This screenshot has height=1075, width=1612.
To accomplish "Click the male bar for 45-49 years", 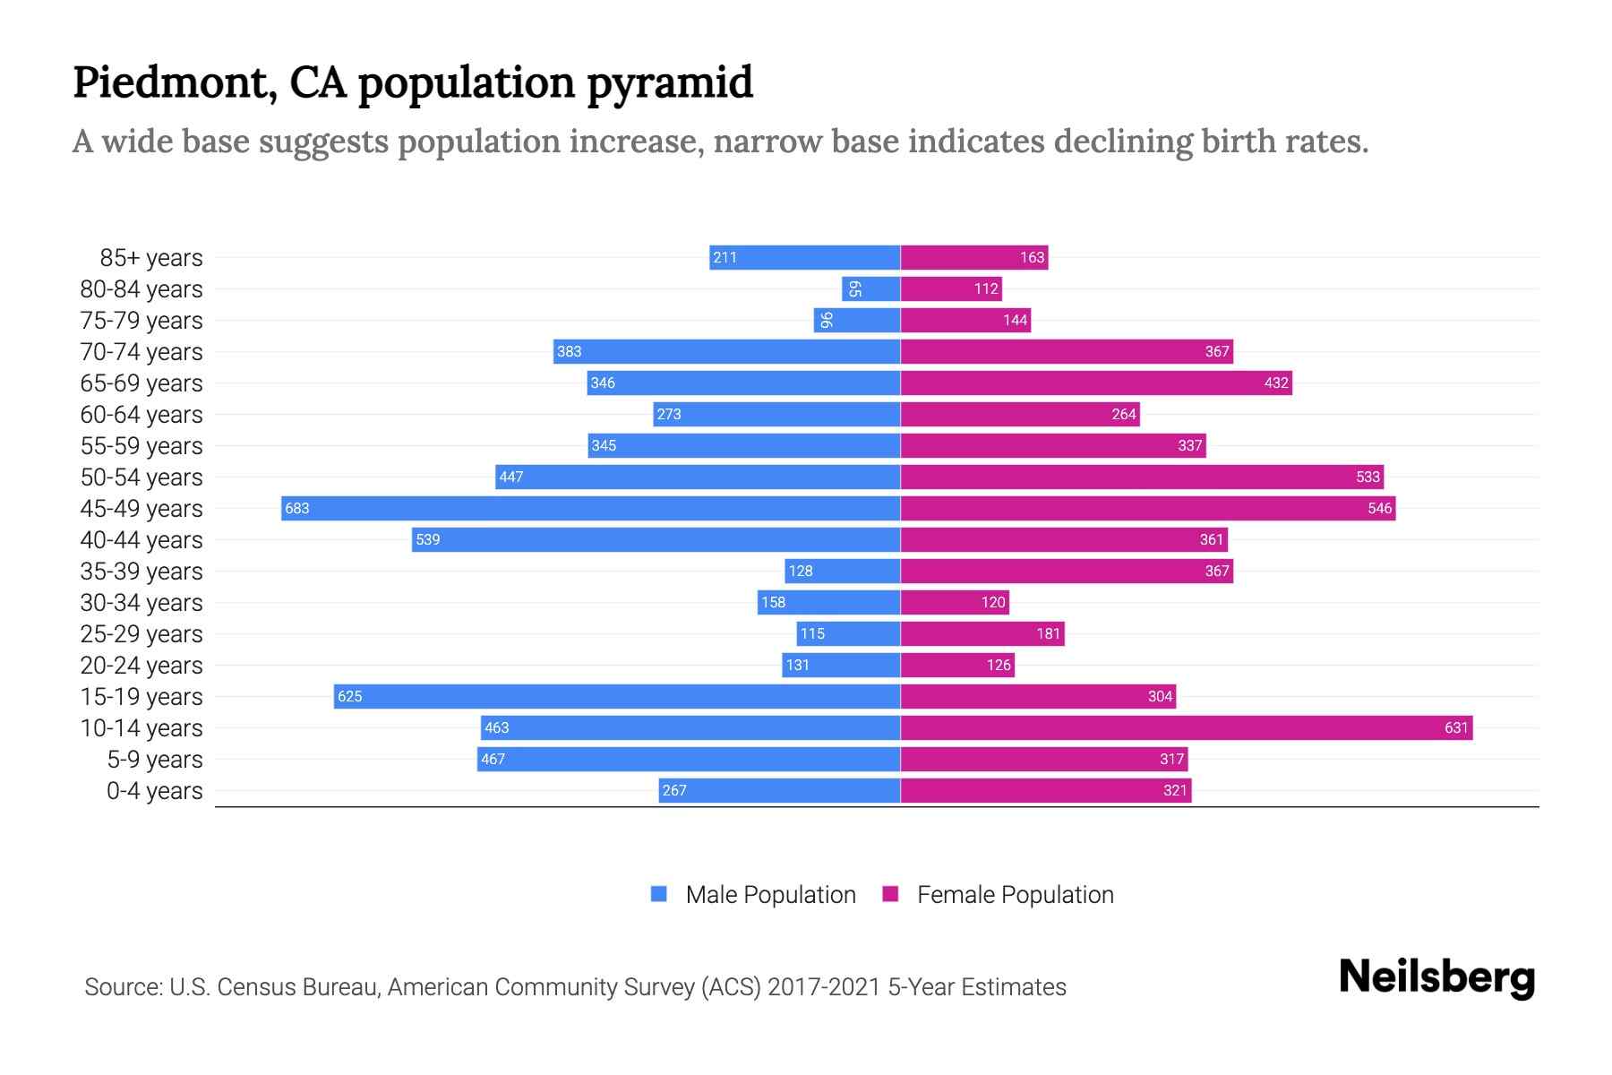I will pos(591,508).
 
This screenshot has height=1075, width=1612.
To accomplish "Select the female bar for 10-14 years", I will pos(1187,727).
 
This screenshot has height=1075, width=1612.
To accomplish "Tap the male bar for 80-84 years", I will pos(871,288).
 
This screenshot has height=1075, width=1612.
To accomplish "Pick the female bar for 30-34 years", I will pos(955,602).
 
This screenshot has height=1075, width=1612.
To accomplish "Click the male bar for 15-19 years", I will pos(618,696).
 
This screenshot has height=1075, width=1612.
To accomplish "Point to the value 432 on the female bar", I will pos(1276,383).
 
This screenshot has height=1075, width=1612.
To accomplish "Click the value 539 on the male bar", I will pos(428,539).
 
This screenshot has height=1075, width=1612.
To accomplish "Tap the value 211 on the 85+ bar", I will pos(725,257).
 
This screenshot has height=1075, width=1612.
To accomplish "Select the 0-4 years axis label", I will pos(154,791).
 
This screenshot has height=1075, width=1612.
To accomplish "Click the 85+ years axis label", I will pos(150,258).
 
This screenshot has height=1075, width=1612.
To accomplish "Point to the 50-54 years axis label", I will pos(141,477).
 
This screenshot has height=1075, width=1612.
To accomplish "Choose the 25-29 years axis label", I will pos(141,634).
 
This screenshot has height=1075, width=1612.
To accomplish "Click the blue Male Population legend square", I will pos(659,894).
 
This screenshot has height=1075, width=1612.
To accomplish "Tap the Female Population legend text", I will pos(1015,894).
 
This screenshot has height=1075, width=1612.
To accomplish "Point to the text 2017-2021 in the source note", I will pos(824,987).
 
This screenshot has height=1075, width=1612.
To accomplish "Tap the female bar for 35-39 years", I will pos(1066,571).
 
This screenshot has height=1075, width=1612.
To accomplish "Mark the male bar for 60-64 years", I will pos(776,414).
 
